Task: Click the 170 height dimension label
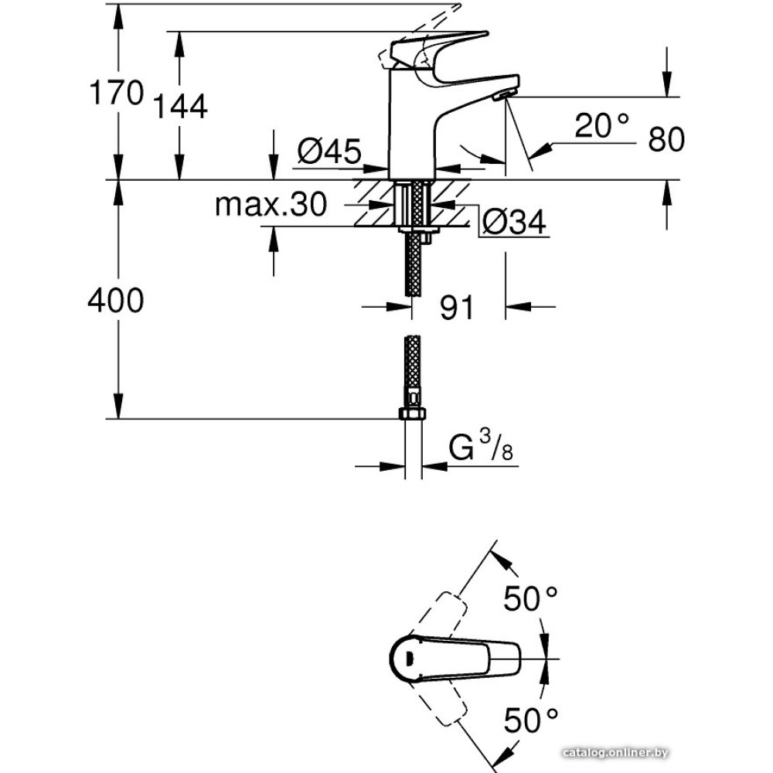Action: coord(116,94)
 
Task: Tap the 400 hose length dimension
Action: coord(116,300)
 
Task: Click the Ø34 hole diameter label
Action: coord(513,223)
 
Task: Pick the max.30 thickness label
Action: coord(271,205)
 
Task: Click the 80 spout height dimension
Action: coord(666,140)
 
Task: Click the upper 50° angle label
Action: coord(530,598)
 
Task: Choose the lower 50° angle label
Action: coord(530,720)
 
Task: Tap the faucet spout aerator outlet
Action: coord(503,94)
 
